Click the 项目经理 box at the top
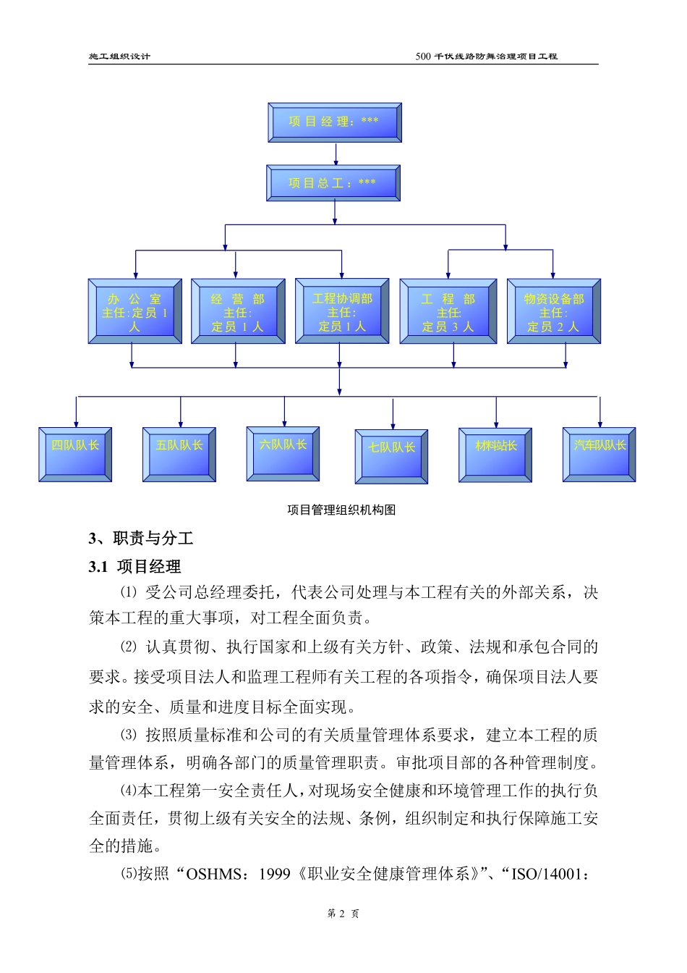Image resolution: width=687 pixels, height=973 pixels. point(334,122)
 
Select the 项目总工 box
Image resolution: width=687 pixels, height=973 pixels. point(333,182)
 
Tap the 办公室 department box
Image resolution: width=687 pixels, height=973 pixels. point(135,311)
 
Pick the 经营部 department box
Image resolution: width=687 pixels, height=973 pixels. point(238,311)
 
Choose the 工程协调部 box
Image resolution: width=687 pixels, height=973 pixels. point(342,311)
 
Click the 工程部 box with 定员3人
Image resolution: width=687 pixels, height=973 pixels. point(448,311)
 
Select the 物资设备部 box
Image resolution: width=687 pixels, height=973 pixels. point(553,311)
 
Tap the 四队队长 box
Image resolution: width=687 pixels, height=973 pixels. point(75,454)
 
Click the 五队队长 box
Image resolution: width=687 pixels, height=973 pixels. point(179,454)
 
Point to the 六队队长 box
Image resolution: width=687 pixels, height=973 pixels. point(283,453)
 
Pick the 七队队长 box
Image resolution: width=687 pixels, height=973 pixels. point(391,456)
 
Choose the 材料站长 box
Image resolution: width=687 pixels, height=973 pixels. point(495,455)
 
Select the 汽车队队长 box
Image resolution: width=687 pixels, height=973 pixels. point(599,454)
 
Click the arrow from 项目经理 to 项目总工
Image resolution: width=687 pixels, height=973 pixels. point(336,153)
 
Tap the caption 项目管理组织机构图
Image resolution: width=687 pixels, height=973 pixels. point(341,510)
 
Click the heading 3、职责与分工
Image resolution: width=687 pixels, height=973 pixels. point(141,539)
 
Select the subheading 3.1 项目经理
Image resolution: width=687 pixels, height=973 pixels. point(135,567)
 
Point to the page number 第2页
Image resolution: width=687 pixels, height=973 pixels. point(343,914)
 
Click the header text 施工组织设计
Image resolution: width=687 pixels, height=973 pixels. point(120,56)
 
